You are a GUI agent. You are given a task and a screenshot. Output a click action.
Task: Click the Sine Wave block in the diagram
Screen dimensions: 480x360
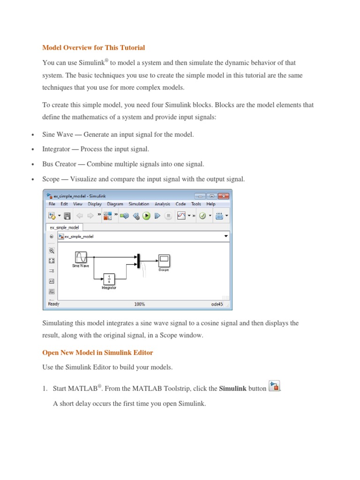(81, 257)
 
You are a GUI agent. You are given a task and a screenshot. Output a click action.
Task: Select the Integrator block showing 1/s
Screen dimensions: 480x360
(109, 279)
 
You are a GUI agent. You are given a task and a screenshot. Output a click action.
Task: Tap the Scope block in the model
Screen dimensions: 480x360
(164, 261)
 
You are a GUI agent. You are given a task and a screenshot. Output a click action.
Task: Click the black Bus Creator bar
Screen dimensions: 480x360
(138, 261)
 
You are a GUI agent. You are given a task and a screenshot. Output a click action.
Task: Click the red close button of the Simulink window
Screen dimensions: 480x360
(224, 196)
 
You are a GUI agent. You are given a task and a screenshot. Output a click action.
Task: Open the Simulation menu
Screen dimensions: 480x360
(139, 204)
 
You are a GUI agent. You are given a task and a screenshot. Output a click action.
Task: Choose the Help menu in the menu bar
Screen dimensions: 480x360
(211, 204)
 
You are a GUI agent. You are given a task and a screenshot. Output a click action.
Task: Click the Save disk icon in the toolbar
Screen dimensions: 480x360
(67, 216)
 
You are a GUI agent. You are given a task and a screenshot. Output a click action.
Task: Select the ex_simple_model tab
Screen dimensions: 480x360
(64, 227)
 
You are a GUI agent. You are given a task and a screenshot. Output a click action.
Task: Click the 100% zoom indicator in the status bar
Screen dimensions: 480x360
(140, 304)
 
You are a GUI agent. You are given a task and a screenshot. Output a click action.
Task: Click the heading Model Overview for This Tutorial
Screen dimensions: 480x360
(94, 47)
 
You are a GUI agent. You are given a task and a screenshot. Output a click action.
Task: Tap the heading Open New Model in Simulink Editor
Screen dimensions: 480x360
(97, 352)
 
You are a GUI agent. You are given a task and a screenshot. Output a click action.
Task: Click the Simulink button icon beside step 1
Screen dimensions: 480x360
(274, 387)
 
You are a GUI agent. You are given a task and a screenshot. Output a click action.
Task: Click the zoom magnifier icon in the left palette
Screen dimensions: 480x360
(52, 250)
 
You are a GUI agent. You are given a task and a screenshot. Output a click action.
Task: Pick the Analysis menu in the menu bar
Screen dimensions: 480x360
(162, 204)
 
